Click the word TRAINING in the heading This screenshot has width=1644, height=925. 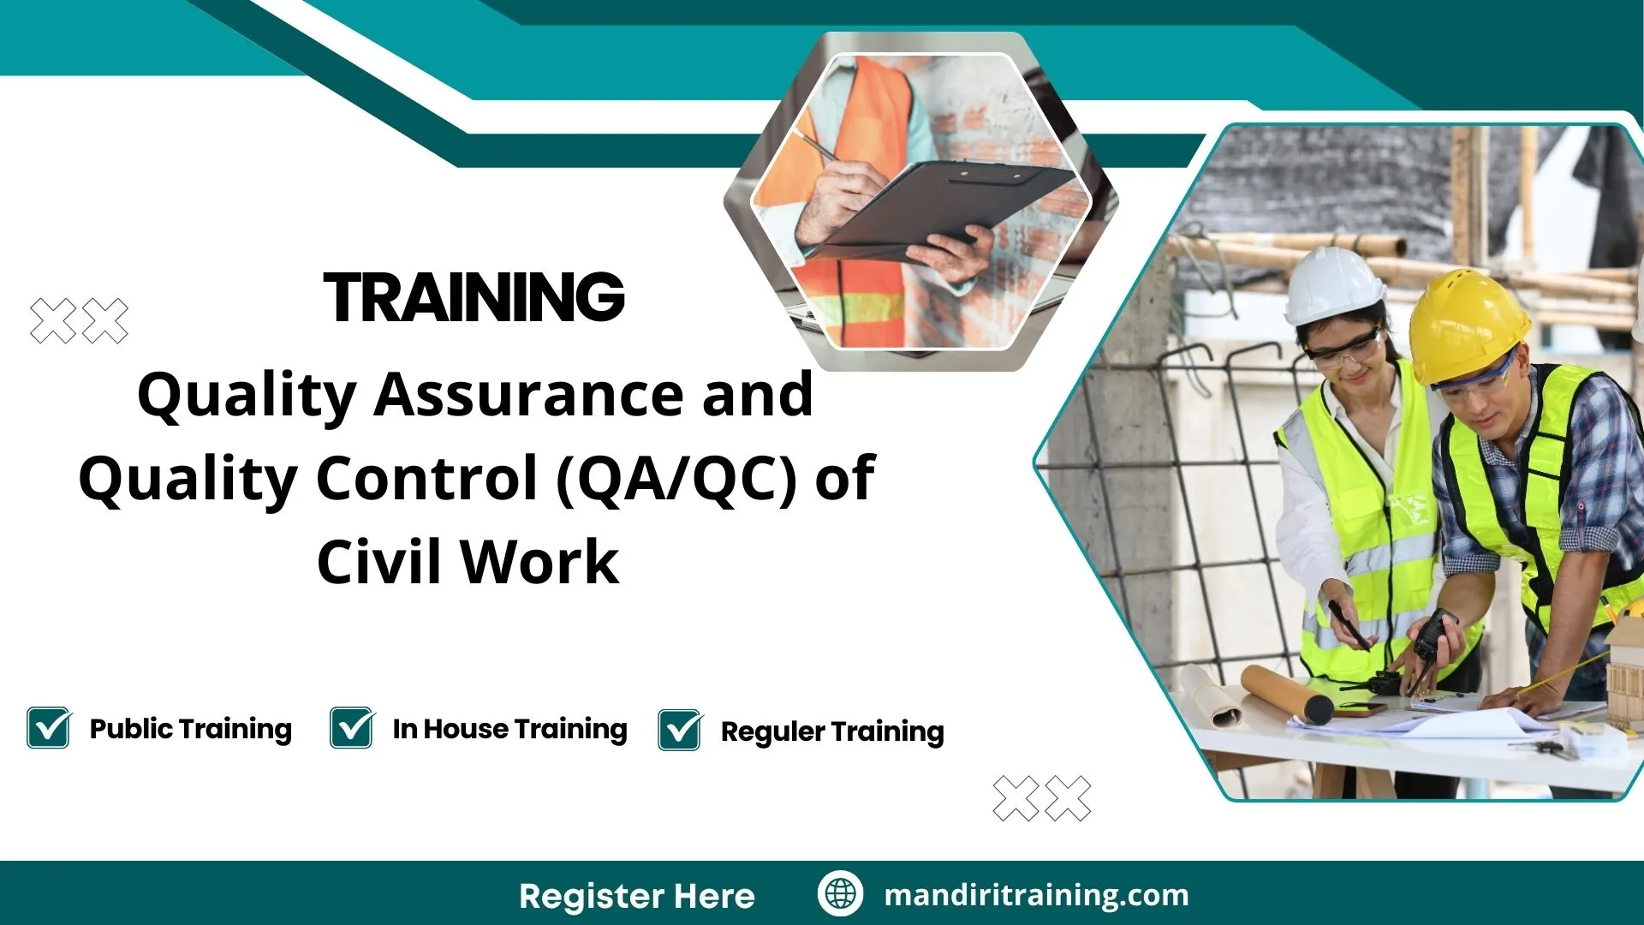(474, 298)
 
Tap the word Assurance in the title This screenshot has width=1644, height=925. (527, 395)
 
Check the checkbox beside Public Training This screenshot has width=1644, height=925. (48, 728)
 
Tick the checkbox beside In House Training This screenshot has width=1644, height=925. (351, 728)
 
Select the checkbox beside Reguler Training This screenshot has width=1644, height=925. (680, 731)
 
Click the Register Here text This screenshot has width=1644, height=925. (636, 896)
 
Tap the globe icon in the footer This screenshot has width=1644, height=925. (840, 893)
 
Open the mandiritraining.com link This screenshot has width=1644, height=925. (1036, 895)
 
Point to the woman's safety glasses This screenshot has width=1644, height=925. (1345, 349)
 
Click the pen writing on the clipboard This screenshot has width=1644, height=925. (818, 147)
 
